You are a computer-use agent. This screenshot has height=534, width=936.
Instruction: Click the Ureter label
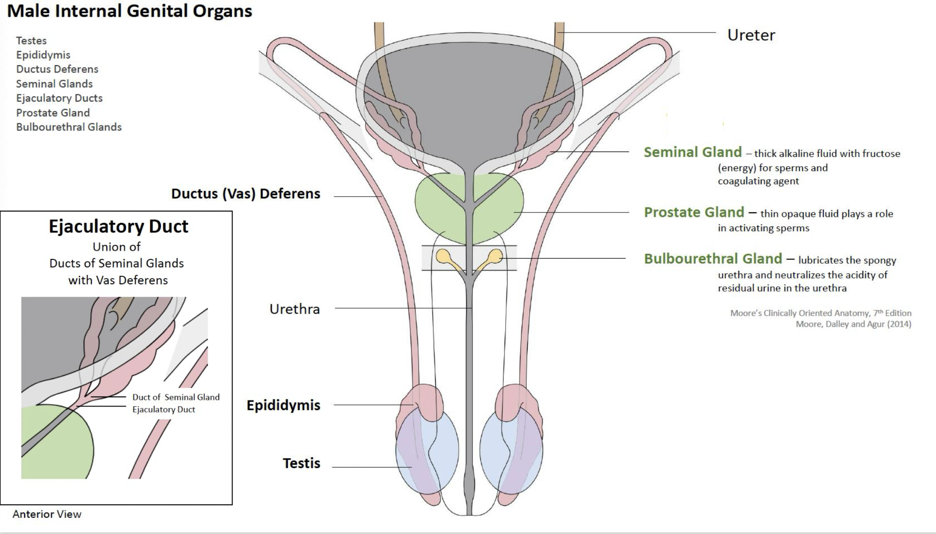751,35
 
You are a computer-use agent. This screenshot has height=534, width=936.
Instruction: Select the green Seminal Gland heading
693,152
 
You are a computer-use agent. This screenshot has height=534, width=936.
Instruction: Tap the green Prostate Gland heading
694,212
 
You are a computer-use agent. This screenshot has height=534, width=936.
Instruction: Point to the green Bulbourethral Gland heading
713,259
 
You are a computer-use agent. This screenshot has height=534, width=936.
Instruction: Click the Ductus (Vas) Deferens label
245,194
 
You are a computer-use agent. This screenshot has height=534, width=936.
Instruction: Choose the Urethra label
295,309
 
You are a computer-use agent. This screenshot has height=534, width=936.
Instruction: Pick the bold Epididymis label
283,405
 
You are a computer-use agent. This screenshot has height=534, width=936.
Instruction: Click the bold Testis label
301,463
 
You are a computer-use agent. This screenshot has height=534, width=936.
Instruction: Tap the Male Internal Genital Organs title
129,11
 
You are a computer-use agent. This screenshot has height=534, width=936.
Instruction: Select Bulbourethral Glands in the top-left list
69,127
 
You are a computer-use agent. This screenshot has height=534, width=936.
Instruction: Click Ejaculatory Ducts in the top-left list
59,98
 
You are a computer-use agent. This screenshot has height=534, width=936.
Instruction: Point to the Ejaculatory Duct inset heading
118,226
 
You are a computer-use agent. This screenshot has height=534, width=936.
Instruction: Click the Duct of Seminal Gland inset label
176,397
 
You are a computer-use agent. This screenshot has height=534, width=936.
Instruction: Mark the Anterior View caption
47,515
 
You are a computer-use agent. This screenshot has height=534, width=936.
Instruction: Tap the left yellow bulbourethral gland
443,256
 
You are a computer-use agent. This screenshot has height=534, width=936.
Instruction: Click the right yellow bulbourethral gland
496,256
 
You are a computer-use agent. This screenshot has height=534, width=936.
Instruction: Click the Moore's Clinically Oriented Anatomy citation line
820,314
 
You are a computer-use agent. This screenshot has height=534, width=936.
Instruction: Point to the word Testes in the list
31,41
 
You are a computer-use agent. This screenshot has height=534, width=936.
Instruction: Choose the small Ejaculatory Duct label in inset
164,410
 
